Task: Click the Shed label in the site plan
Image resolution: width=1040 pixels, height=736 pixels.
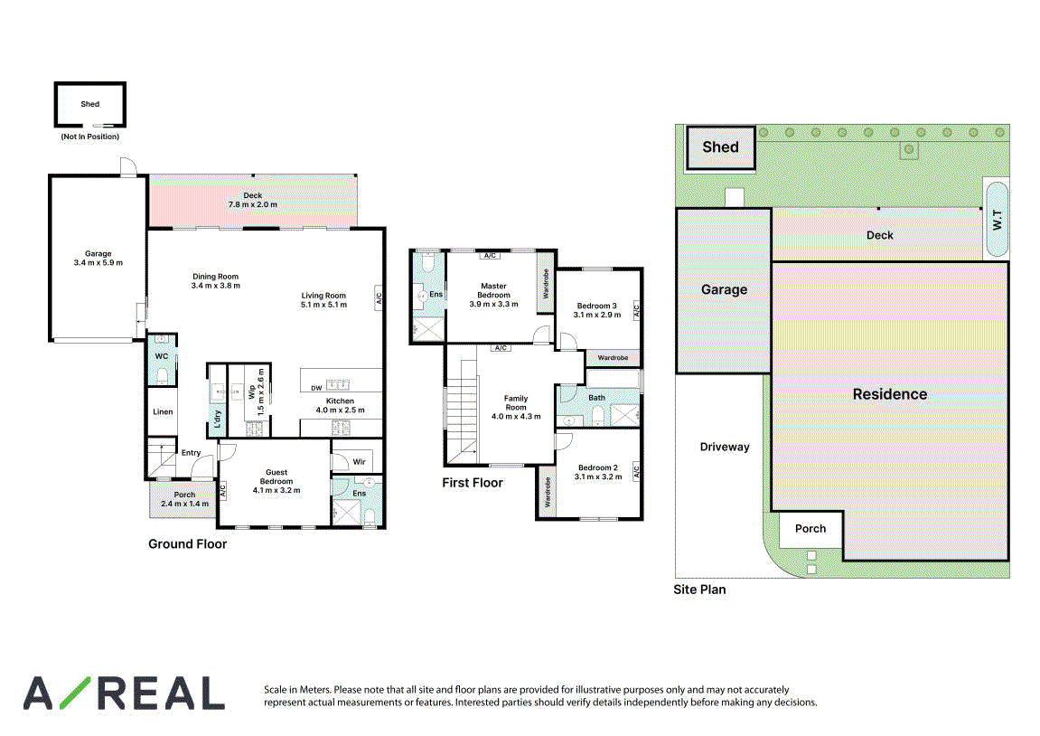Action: coord(720,147)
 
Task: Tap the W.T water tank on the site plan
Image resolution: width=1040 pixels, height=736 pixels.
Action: coord(997,219)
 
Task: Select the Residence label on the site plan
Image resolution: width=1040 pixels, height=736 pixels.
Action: coord(889,394)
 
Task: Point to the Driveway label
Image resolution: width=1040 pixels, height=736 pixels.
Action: coord(725,448)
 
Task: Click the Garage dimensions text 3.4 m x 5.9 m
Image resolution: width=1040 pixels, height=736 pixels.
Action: coord(98,263)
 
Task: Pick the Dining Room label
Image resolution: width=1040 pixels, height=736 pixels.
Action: coord(216,277)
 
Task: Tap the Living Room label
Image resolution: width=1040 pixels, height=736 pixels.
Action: coord(323,296)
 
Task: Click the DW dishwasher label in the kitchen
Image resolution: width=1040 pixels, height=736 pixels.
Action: coord(316,388)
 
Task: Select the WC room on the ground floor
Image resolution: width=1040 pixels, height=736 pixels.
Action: coord(162,359)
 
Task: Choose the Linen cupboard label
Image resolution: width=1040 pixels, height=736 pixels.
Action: coord(163,412)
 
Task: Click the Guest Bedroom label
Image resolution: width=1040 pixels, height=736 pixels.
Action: coord(276,477)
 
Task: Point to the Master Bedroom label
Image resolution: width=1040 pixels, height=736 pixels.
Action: coord(493,290)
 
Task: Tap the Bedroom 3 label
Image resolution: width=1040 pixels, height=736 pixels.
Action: coord(597,306)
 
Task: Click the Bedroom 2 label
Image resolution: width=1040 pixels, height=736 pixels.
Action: coord(597,467)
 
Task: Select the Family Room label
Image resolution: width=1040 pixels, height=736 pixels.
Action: coord(515,403)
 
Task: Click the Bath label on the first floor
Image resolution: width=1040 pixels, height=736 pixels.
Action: coord(597,398)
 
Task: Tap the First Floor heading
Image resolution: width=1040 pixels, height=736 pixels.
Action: coord(473,483)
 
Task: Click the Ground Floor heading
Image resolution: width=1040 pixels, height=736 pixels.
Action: coord(187,544)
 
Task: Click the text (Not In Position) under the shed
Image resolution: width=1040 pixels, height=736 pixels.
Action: coord(90,137)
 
